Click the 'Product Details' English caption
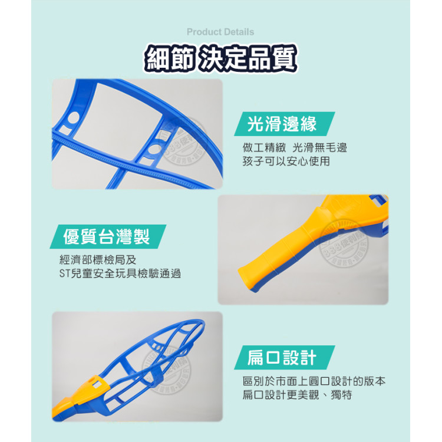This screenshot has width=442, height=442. pos(220,32)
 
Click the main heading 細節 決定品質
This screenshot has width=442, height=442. pos(221,58)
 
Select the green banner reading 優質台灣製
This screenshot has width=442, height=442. pos(107,237)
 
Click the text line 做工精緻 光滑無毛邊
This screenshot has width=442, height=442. pos(294,147)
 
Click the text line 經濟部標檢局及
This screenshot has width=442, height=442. pos(97,259)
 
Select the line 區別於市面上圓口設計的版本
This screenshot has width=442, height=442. pos(314,381)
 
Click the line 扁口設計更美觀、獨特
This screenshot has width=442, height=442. pos(297,395)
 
